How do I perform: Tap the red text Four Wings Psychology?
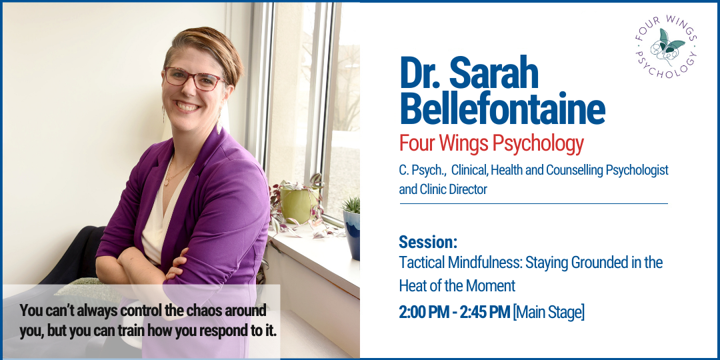click(x=491, y=143)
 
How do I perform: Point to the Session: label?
click(x=428, y=241)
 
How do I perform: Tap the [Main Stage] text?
click(x=549, y=311)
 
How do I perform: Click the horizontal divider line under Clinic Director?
click(x=533, y=203)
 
